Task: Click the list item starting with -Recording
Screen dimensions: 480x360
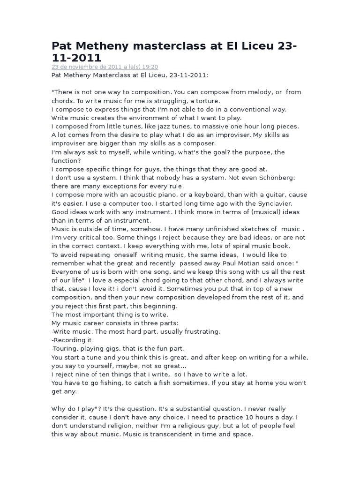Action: click(x=73, y=340)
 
